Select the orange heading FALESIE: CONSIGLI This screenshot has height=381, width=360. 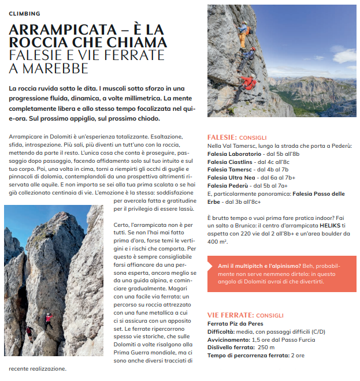pyautogui.click(x=236, y=138)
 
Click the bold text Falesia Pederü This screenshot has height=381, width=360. pyautogui.click(x=228, y=186)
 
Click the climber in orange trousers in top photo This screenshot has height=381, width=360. pyautogui.click(x=244, y=35)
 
